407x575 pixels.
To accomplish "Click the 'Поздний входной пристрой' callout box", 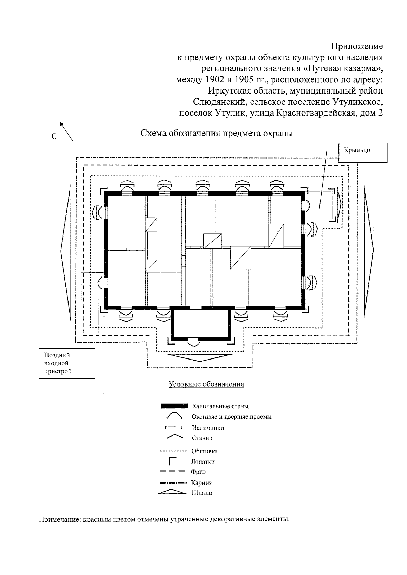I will (66, 363).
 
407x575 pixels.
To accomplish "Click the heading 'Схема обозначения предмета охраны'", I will (217, 133).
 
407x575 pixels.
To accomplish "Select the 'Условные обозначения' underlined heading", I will (206, 384).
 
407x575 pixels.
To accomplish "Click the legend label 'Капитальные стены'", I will (220, 406).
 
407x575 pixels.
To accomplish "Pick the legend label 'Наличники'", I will (208, 428).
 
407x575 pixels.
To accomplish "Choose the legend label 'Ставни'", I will (202, 438).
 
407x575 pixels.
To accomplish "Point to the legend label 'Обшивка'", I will (205, 451).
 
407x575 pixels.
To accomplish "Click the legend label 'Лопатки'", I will (202, 462).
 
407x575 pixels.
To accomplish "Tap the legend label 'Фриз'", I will (198, 472).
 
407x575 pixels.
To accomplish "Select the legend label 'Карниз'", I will (201, 483).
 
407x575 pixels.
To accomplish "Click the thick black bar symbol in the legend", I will (174, 406).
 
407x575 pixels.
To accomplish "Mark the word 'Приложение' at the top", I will (357, 46).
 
